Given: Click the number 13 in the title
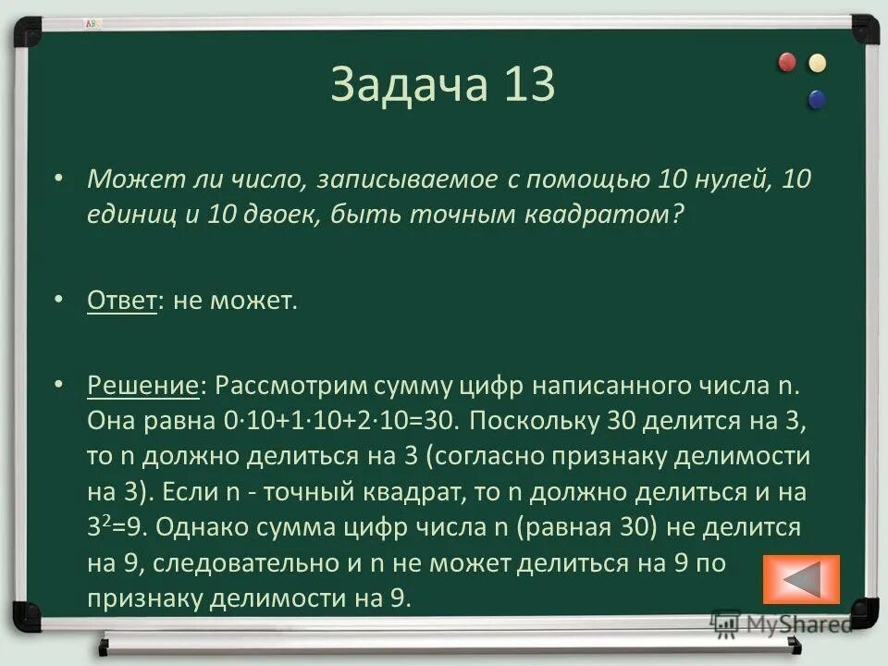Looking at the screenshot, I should click(x=530, y=85).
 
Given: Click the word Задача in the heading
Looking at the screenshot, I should click(x=409, y=85).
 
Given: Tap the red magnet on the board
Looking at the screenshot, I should click(x=787, y=63).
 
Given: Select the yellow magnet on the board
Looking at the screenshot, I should click(x=817, y=63).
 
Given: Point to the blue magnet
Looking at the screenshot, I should click(x=817, y=98).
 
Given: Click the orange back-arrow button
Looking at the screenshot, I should click(x=801, y=580).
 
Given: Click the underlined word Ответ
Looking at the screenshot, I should click(x=121, y=302).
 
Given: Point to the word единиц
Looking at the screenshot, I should click(x=129, y=215).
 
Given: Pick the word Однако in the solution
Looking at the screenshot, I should click(x=196, y=528).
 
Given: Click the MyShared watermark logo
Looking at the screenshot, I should click(x=783, y=624).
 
